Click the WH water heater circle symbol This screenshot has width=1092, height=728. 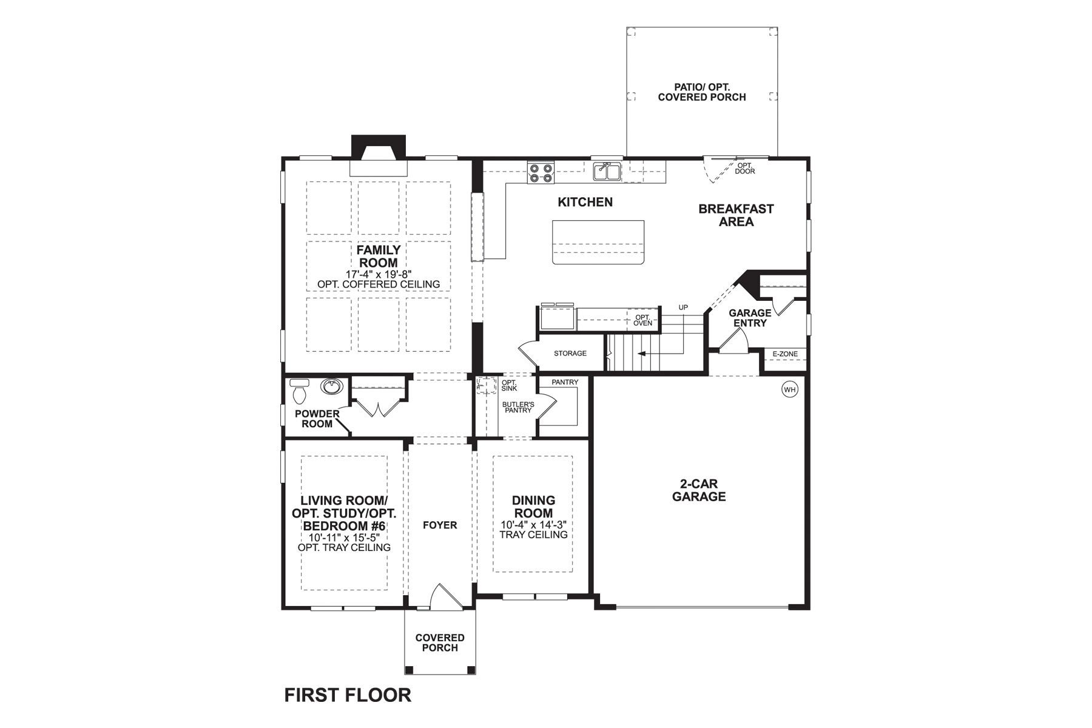[789, 389]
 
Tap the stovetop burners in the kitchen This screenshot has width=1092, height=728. [541, 173]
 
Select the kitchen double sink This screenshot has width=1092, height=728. [607, 172]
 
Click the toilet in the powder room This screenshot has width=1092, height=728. [299, 393]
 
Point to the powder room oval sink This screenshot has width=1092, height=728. [331, 386]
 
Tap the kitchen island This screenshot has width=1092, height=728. [598, 242]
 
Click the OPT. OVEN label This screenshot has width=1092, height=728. [642, 320]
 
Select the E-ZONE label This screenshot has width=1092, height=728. [785, 354]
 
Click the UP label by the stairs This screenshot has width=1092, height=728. [683, 308]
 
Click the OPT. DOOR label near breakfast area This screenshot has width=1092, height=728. [745, 168]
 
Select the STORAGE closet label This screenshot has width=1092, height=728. [570, 353]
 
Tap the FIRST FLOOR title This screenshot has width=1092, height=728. [348, 695]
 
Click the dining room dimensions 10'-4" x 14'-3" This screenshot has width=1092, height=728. [533, 525]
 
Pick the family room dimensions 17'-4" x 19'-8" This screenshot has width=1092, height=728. [378, 274]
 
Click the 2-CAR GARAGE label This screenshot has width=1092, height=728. [698, 490]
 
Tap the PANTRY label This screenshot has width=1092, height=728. [564, 382]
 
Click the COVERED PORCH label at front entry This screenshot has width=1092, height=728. [440, 642]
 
